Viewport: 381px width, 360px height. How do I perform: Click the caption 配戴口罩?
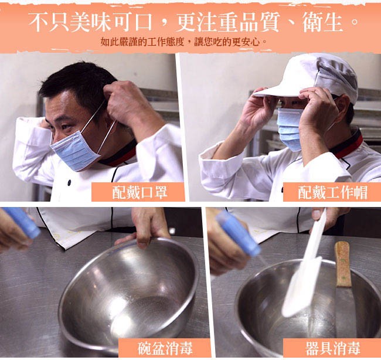pos(140,192)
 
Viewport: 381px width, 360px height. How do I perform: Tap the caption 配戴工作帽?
pos(333,192)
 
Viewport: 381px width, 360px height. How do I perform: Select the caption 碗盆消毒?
pos(165,348)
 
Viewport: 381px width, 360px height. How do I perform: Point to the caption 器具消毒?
pos(333,348)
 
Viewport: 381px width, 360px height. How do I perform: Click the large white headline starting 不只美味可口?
pos(193,22)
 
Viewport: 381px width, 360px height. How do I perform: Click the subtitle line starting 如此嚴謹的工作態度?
pos(183,42)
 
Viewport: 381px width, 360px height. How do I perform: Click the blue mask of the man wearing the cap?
pos(290,129)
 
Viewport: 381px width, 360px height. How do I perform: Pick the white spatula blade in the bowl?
pos(301,287)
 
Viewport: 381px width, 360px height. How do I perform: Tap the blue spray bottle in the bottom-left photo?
pos(22,222)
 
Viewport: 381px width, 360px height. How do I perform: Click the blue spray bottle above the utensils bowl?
pos(238,233)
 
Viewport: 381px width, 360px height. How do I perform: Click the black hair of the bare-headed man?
pos(80,83)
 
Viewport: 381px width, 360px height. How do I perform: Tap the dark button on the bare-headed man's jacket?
pos(69,182)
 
